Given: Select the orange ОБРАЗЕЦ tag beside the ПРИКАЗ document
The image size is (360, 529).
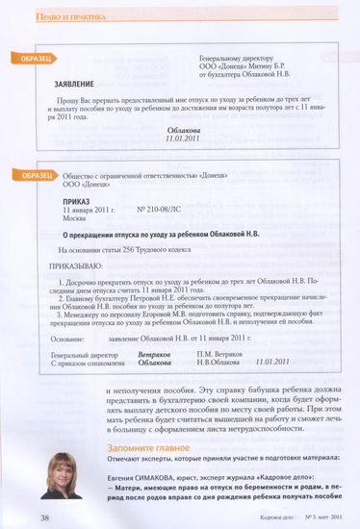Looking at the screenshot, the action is (x=34, y=175).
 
